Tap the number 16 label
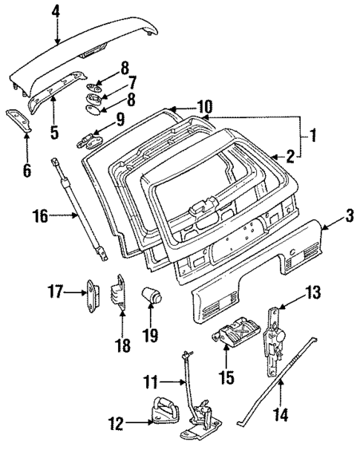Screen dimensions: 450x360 tap(39, 216)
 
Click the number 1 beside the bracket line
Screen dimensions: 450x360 tap(313, 135)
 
